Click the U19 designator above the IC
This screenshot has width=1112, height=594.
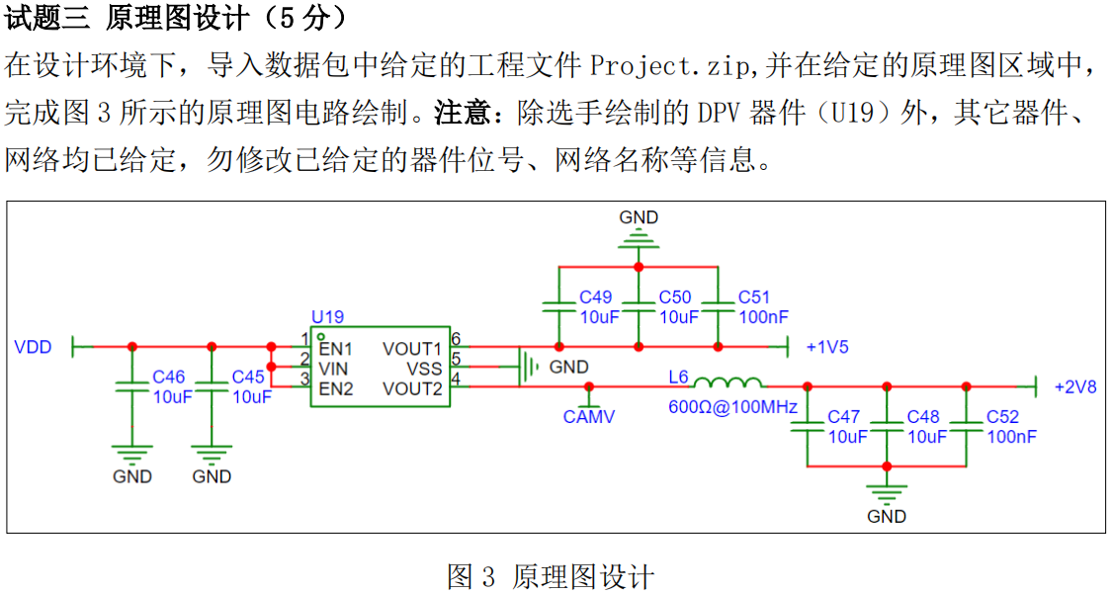[327, 317]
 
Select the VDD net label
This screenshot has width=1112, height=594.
[34, 347]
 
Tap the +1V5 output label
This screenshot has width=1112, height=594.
[827, 347]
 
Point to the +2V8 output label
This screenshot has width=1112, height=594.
[1075, 387]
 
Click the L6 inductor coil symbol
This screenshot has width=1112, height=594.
[727, 382]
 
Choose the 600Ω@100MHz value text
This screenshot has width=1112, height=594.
[732, 407]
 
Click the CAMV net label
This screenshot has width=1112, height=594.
[589, 417]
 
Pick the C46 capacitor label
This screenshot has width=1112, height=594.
[169, 378]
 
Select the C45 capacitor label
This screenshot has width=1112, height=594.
[248, 378]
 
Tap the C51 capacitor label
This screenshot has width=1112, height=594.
[754, 297]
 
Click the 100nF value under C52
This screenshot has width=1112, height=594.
[1011, 437]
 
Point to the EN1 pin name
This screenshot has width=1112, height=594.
[335, 349]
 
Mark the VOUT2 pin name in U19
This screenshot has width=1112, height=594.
[412, 389]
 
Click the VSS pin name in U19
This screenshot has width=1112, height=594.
[424, 370]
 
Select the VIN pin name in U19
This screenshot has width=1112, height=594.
[333, 370]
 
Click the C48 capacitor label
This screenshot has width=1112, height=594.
[923, 417]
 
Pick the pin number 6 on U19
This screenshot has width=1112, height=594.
[456, 339]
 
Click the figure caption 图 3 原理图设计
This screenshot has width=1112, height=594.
[551, 577]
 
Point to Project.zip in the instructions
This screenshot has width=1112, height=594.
[669, 66]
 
